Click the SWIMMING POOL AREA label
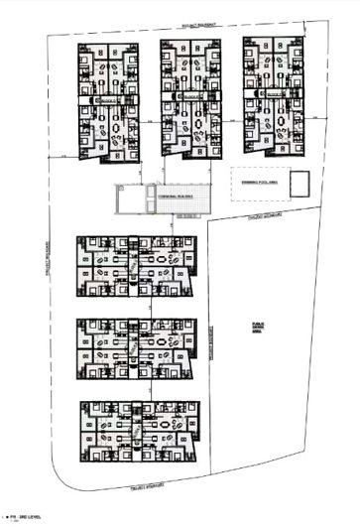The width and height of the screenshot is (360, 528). tap(254, 183)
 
